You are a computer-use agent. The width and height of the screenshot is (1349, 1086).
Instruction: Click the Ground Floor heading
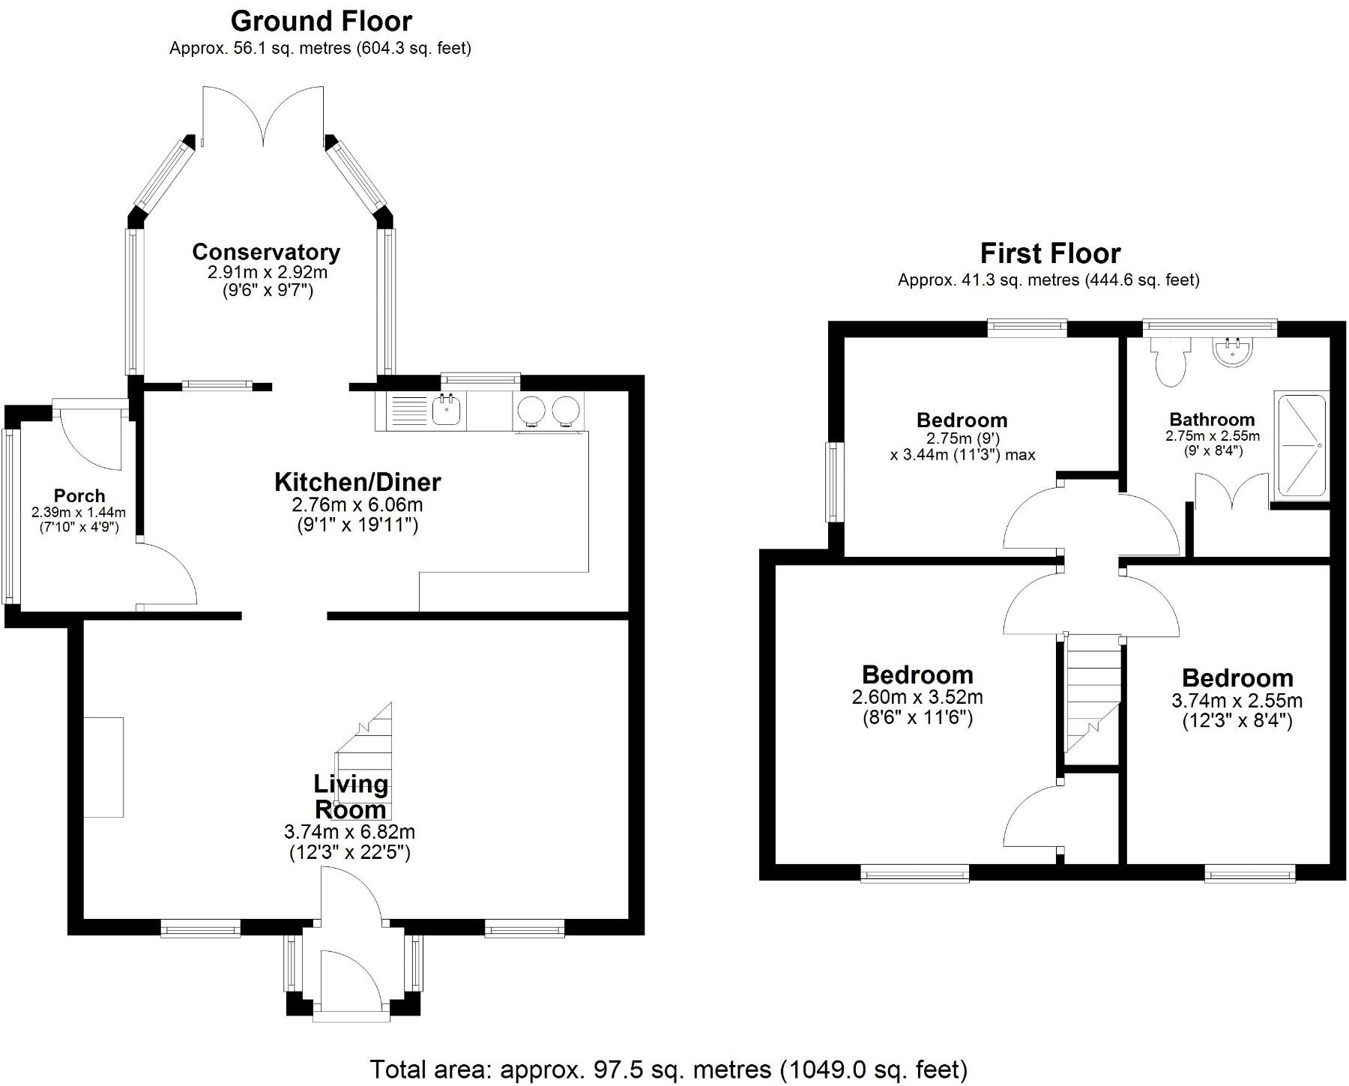[x=322, y=21]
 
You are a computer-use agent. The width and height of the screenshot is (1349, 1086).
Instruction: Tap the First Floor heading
[x=1050, y=253]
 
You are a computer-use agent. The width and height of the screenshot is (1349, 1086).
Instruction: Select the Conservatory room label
[x=266, y=252]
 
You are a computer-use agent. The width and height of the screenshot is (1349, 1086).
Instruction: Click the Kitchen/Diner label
[x=357, y=481]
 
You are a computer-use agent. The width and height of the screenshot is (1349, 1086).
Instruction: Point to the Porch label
[x=79, y=495]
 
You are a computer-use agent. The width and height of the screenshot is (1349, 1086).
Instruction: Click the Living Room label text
[x=351, y=797]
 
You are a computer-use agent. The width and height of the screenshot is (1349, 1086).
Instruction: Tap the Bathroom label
[x=1212, y=419]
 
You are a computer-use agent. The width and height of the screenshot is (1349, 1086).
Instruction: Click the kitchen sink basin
[x=447, y=411]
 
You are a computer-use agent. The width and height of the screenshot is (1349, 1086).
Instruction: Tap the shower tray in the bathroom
[x=1301, y=445]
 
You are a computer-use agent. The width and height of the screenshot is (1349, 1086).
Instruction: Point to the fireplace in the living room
[x=103, y=767]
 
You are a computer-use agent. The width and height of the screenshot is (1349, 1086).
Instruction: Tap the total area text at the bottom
[x=669, y=1068]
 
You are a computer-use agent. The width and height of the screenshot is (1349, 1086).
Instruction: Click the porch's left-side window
[x=9, y=516]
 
